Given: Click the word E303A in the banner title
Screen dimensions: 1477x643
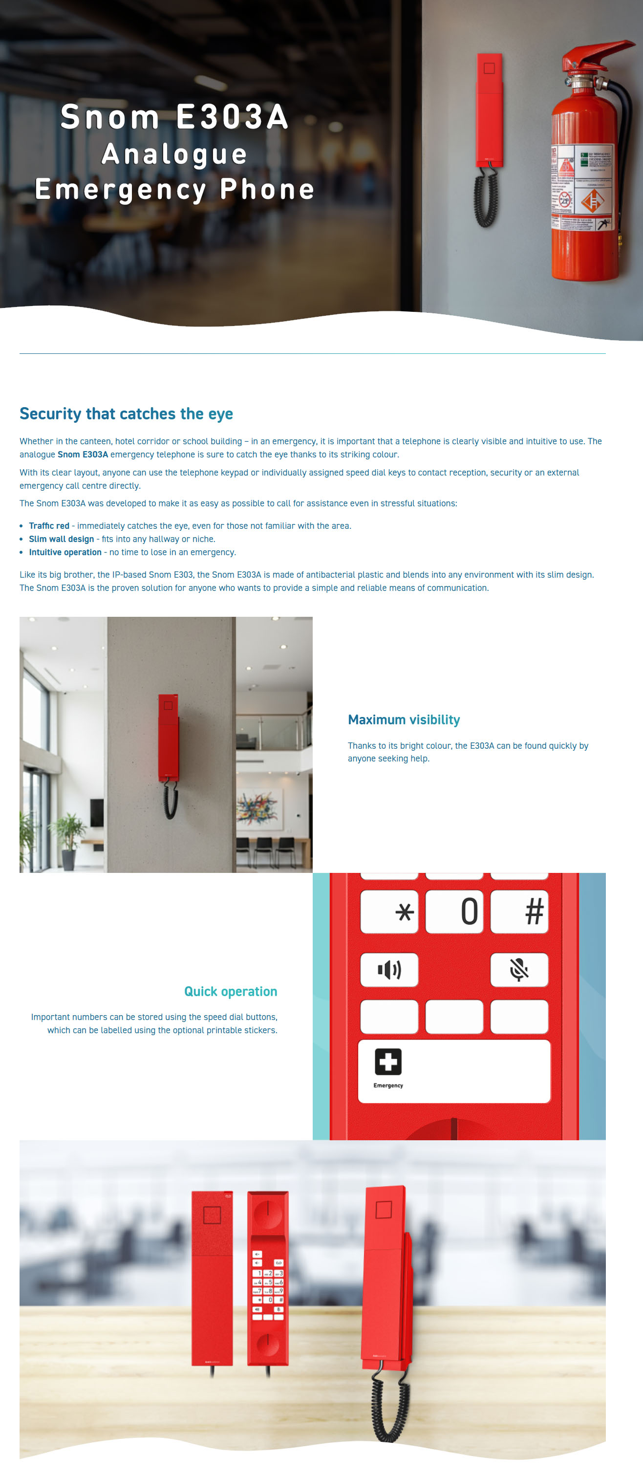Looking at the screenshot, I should click(x=232, y=117).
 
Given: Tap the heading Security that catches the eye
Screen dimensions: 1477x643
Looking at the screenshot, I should click(x=126, y=413).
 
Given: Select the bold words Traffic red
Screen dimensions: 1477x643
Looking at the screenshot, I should click(x=49, y=526).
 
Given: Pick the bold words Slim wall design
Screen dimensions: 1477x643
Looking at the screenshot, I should click(x=62, y=539).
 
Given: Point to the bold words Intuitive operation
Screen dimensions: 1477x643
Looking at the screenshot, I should click(x=65, y=552).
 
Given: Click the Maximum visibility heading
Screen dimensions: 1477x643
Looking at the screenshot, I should click(x=404, y=719).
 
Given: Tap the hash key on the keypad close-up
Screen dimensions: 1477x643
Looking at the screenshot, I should click(x=534, y=911).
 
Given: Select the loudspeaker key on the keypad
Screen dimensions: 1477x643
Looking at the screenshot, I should click(x=389, y=970).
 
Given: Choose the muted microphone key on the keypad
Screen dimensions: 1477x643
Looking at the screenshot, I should click(x=518, y=970).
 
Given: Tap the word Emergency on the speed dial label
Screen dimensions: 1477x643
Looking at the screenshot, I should click(x=388, y=1086).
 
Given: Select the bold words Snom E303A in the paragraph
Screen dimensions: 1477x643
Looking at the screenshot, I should click(x=83, y=454).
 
